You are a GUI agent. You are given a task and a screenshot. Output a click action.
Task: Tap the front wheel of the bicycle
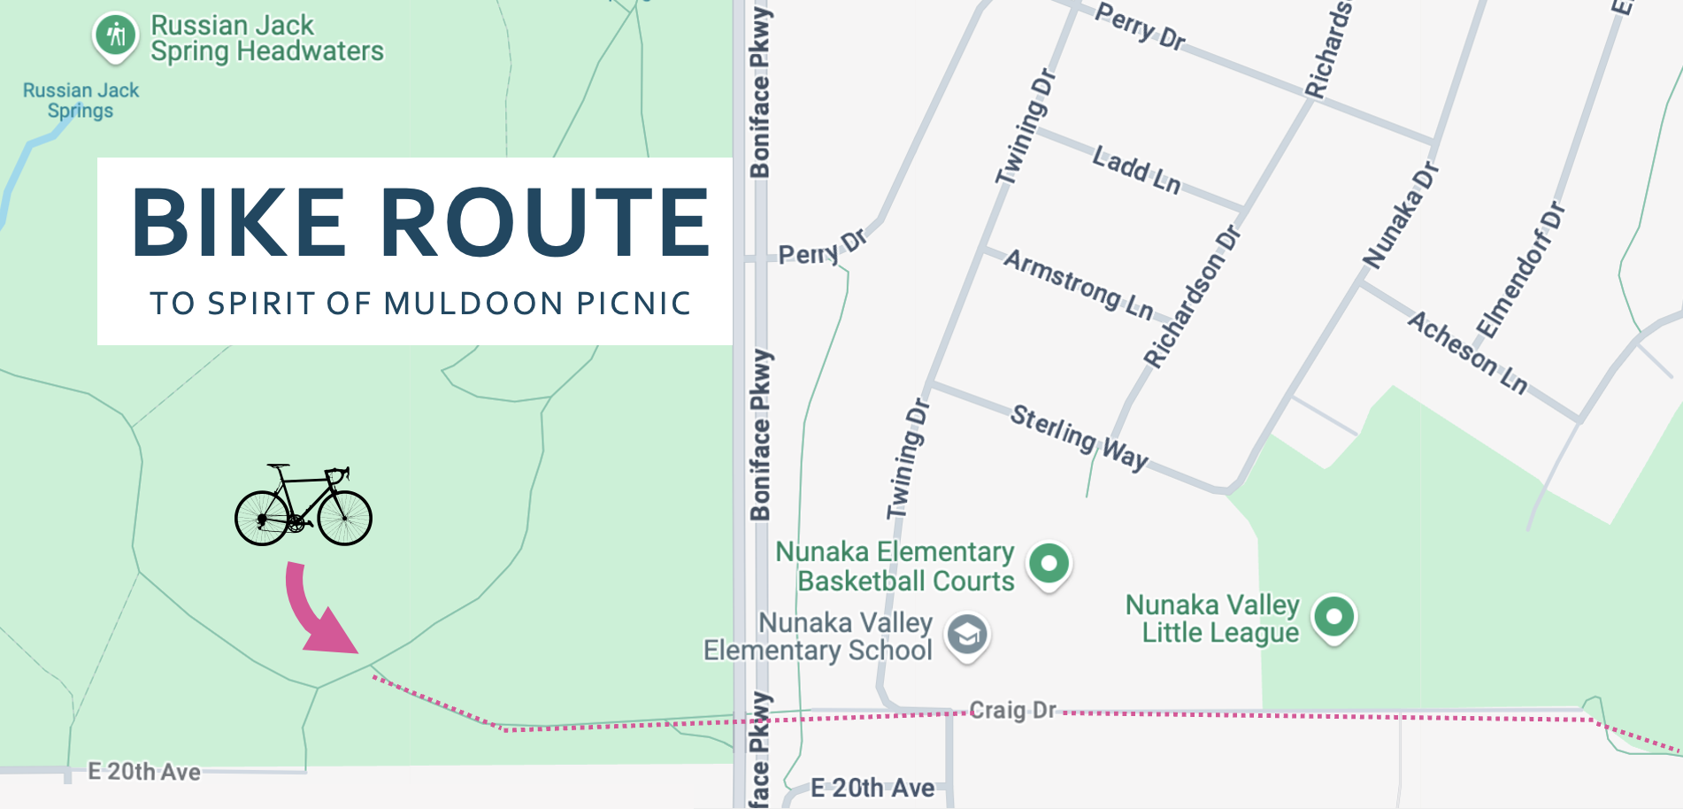click(x=344, y=518)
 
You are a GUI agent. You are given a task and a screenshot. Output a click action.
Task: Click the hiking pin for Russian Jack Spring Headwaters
click(x=116, y=36)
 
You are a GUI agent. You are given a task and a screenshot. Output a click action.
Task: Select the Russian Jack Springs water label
click(x=81, y=100)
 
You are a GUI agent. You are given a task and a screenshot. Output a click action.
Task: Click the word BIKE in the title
click(x=238, y=222)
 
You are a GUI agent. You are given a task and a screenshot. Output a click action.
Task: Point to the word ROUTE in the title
click(x=545, y=222)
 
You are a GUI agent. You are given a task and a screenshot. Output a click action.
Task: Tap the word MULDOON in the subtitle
click(x=474, y=304)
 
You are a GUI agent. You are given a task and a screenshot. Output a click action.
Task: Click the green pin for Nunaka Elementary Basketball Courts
click(x=1049, y=564)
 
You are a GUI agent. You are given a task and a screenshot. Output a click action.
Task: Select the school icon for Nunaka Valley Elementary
click(x=967, y=635)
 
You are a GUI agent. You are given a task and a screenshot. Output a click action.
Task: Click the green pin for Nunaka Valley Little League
click(x=1334, y=616)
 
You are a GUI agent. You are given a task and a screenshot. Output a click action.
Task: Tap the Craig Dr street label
click(x=1013, y=710)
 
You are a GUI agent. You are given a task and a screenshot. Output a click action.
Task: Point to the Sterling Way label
click(x=1080, y=437)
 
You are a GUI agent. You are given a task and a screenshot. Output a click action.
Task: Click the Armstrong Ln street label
click(x=1079, y=284)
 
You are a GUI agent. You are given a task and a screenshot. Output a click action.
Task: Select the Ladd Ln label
click(x=1136, y=169)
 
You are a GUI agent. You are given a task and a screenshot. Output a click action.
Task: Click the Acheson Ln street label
click(x=1468, y=351)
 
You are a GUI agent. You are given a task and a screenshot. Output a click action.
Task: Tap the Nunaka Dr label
click(x=1401, y=216)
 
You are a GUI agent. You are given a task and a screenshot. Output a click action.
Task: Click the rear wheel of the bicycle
click(x=262, y=518)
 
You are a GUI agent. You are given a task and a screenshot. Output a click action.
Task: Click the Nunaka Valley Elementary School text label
click(x=818, y=636)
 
